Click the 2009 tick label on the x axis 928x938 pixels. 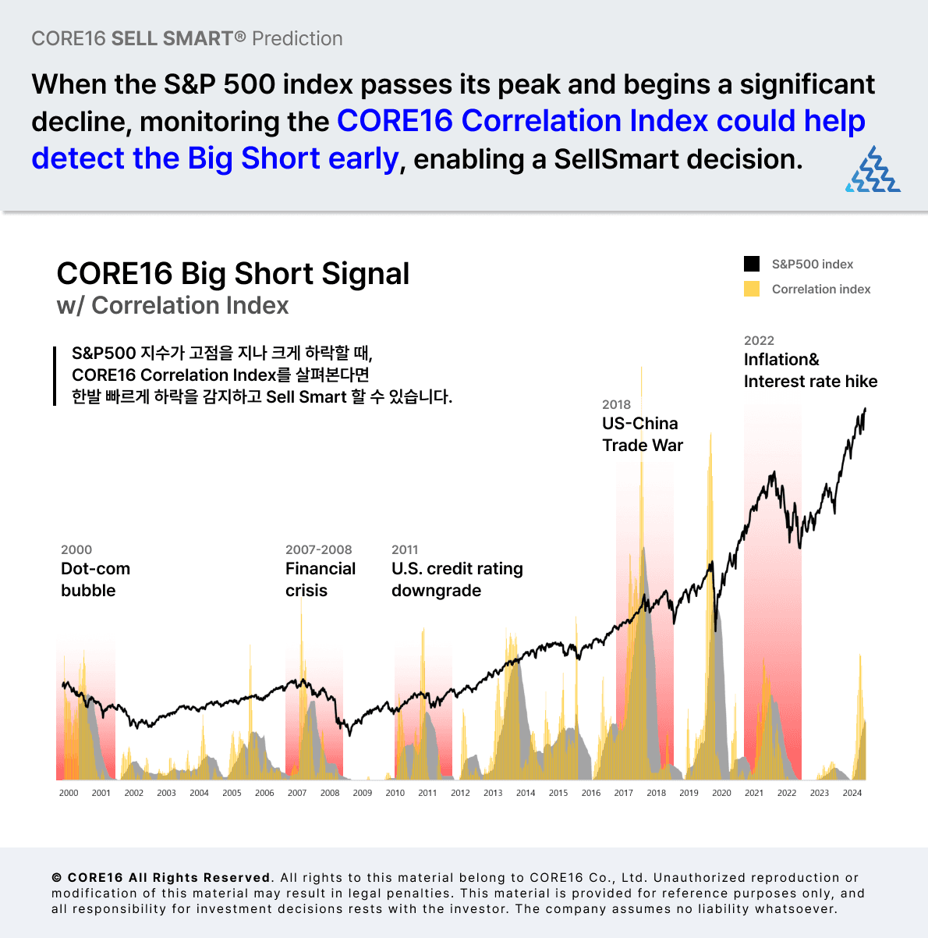click(x=362, y=793)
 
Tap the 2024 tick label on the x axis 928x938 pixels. click(x=852, y=793)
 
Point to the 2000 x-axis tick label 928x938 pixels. click(x=69, y=793)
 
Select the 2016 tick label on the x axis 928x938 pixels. click(x=591, y=793)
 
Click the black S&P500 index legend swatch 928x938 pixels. click(x=752, y=264)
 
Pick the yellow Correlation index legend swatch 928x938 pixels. click(x=752, y=289)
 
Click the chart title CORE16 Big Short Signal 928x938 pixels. click(x=232, y=274)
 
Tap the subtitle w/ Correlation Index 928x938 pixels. click(x=172, y=305)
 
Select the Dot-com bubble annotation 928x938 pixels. click(x=95, y=579)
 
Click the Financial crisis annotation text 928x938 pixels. click(x=320, y=579)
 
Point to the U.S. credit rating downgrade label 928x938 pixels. click(x=457, y=579)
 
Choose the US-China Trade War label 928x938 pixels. click(x=642, y=434)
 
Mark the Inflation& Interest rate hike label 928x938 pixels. click(x=810, y=370)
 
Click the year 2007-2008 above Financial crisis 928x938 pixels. click(x=318, y=549)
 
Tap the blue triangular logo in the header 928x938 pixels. click(x=873, y=169)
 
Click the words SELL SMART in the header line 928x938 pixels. click(x=172, y=38)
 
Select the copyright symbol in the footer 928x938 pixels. click(x=57, y=878)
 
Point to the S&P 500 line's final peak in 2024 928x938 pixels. click(x=865, y=409)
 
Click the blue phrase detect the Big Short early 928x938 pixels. click(x=215, y=158)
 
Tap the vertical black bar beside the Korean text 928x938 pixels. click(x=55, y=376)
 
